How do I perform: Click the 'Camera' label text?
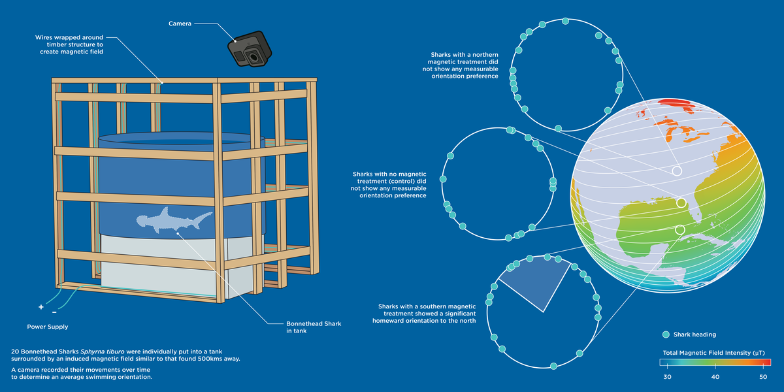point(179,24)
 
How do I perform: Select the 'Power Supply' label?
point(47,327)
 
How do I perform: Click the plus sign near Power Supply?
point(41,307)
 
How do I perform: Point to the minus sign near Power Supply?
point(54,312)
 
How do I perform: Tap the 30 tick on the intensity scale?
point(667,377)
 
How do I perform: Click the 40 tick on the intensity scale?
point(715,377)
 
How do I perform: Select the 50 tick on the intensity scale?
point(763,377)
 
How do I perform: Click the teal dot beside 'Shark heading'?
point(666,335)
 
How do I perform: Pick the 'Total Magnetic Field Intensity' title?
point(710,353)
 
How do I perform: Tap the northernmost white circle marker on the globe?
point(677,171)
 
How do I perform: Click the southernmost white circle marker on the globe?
point(679,229)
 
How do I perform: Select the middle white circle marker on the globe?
point(681,203)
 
